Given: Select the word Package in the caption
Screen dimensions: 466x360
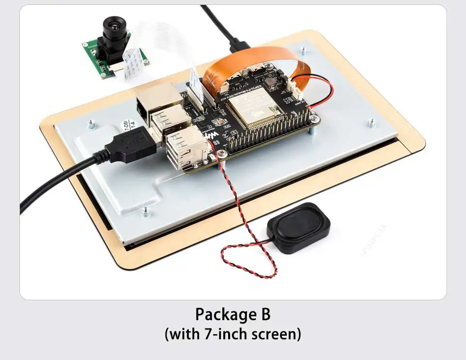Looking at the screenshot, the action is [x=221, y=314].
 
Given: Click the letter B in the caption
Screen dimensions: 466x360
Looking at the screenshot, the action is [x=261, y=314].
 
